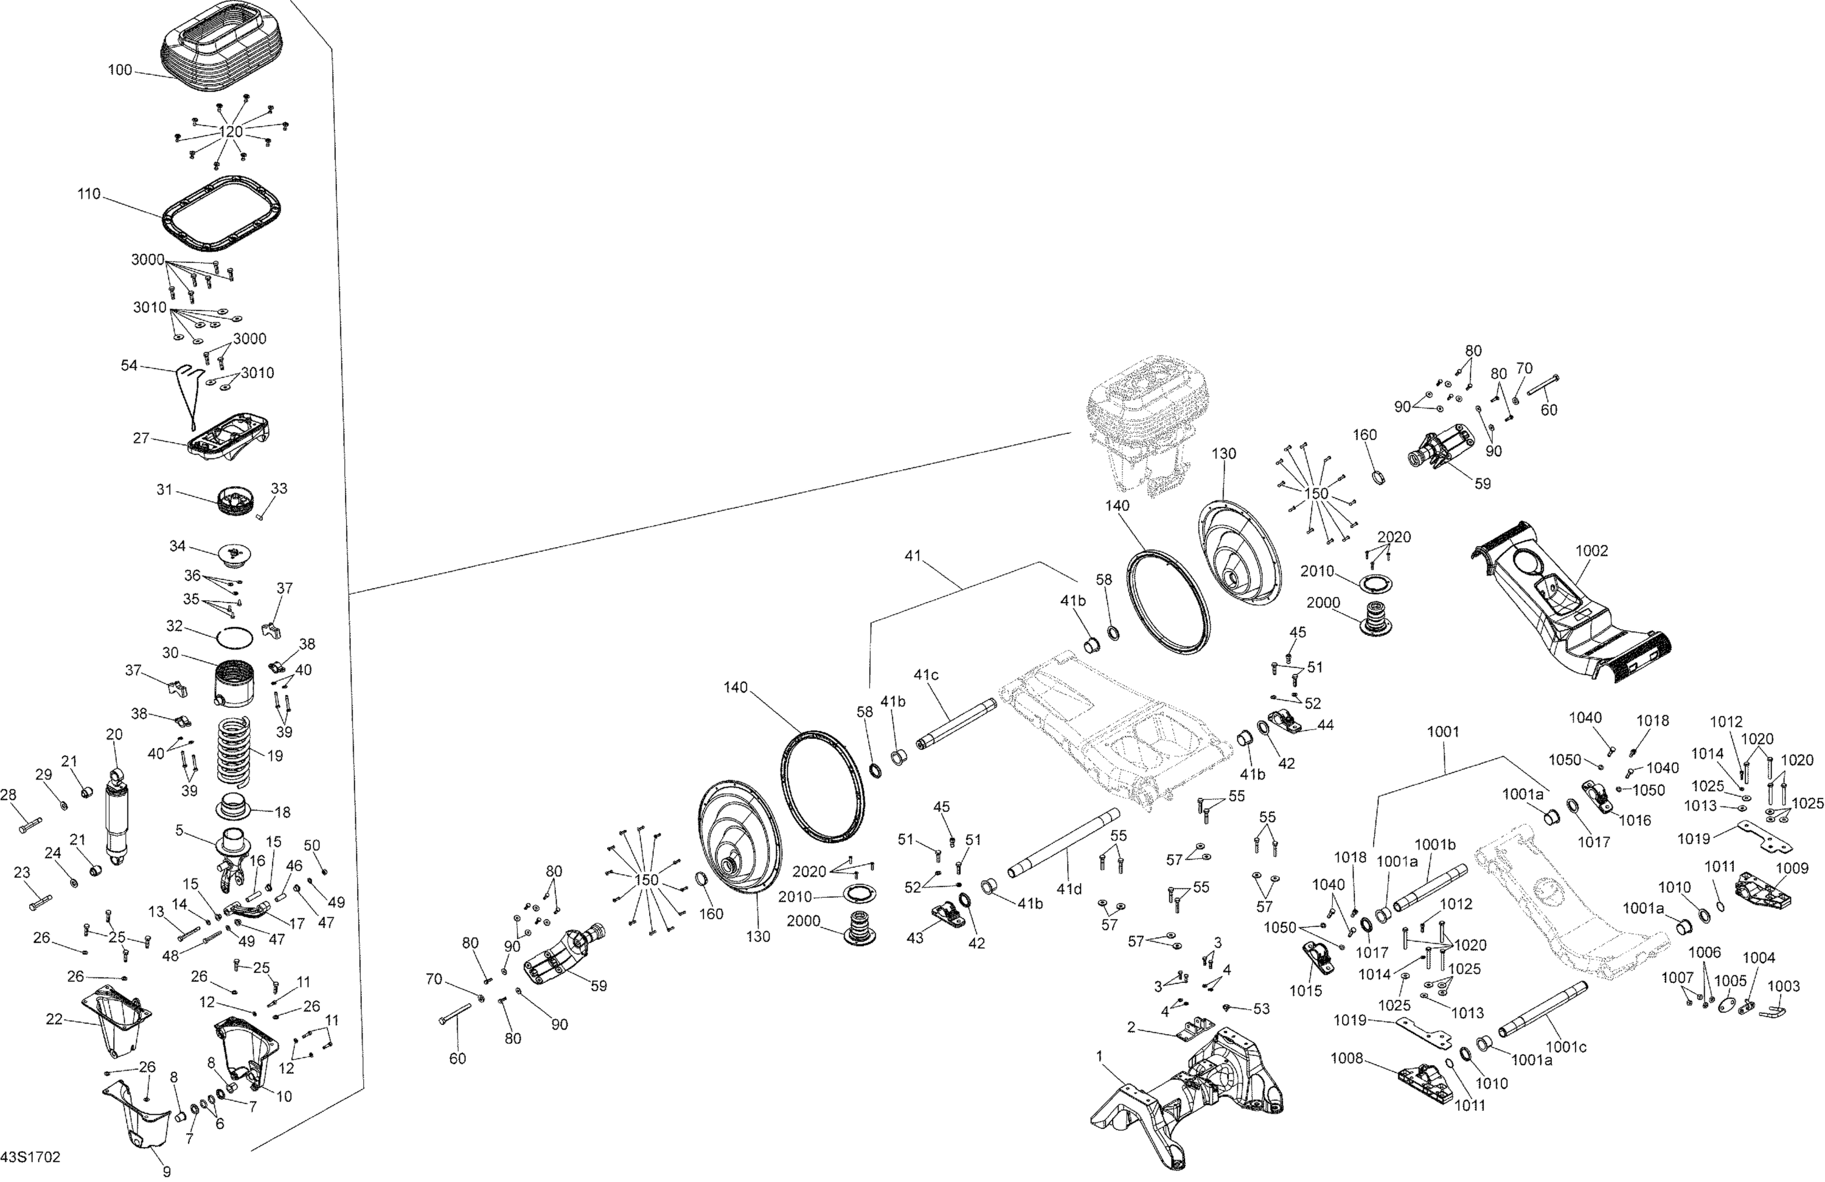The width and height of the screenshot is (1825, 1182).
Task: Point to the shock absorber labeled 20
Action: (117, 820)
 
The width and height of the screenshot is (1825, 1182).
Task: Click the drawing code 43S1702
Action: (30, 1156)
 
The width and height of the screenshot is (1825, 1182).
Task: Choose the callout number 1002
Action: (1592, 551)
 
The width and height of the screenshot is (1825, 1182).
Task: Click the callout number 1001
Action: (1443, 732)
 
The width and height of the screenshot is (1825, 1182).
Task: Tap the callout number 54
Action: (129, 365)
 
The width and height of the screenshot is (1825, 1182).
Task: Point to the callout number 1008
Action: (1346, 1058)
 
